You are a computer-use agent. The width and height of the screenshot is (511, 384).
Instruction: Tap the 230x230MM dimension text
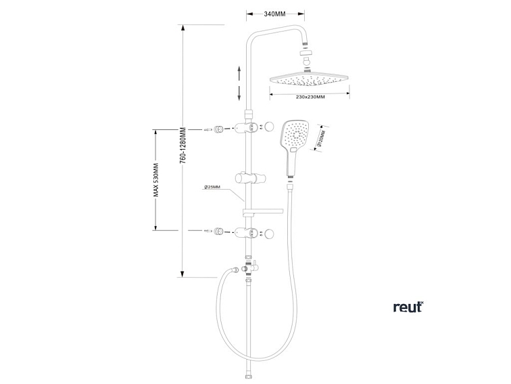[x=310, y=97]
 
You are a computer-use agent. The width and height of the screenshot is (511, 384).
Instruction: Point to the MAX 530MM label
[x=155, y=179]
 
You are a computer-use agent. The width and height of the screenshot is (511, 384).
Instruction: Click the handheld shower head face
[x=296, y=136]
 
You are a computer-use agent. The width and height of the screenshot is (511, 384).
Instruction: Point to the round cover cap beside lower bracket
[x=270, y=233]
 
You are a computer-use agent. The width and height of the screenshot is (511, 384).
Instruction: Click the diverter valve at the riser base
[x=248, y=269]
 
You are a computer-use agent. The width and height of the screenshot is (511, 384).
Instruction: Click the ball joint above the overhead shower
[x=306, y=61]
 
